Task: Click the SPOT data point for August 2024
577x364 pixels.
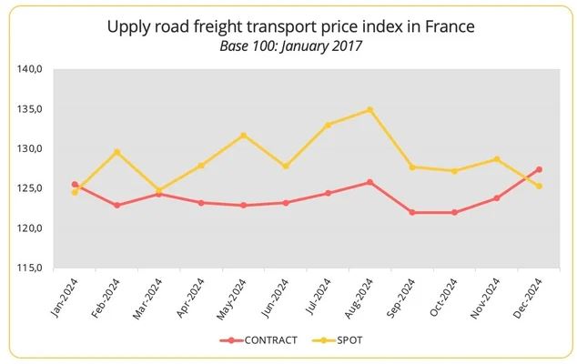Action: point(369,110)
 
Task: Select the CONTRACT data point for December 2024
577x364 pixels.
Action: point(540,169)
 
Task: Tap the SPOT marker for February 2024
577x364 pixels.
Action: point(117,152)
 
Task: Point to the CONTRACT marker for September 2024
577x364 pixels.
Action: point(412,212)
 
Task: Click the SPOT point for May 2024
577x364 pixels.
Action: point(244,136)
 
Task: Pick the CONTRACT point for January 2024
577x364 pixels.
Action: point(75,185)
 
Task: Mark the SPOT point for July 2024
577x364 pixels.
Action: point(329,125)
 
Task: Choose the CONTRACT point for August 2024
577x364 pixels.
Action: point(369,182)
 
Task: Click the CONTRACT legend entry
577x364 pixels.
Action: point(260,340)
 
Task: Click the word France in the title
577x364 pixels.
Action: point(452,26)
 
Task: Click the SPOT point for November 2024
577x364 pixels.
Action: point(497,159)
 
